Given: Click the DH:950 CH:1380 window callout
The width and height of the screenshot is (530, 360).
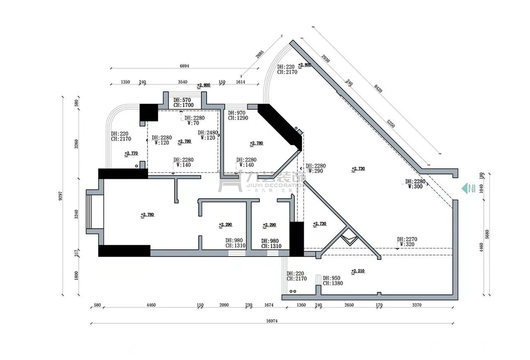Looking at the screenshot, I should coord(333,281).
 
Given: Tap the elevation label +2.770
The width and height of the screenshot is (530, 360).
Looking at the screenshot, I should coord(131,154).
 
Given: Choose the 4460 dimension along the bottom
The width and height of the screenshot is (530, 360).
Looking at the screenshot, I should coord(151,305).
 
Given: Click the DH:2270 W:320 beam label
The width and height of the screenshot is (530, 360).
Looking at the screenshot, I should coord(407,241).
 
